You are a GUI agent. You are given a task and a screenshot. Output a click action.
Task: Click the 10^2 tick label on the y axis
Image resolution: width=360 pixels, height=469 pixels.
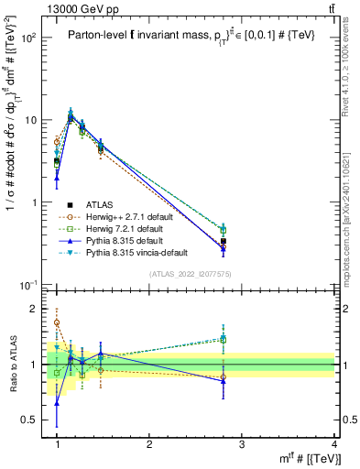click(29, 38)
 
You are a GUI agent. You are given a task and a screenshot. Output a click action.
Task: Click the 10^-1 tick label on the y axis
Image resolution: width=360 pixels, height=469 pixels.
click(29, 286)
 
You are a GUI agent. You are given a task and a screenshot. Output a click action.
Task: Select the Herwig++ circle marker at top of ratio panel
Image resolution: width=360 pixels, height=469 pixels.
click(57, 322)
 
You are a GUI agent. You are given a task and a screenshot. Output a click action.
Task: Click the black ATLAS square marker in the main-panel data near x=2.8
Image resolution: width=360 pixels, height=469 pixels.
click(224, 242)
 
